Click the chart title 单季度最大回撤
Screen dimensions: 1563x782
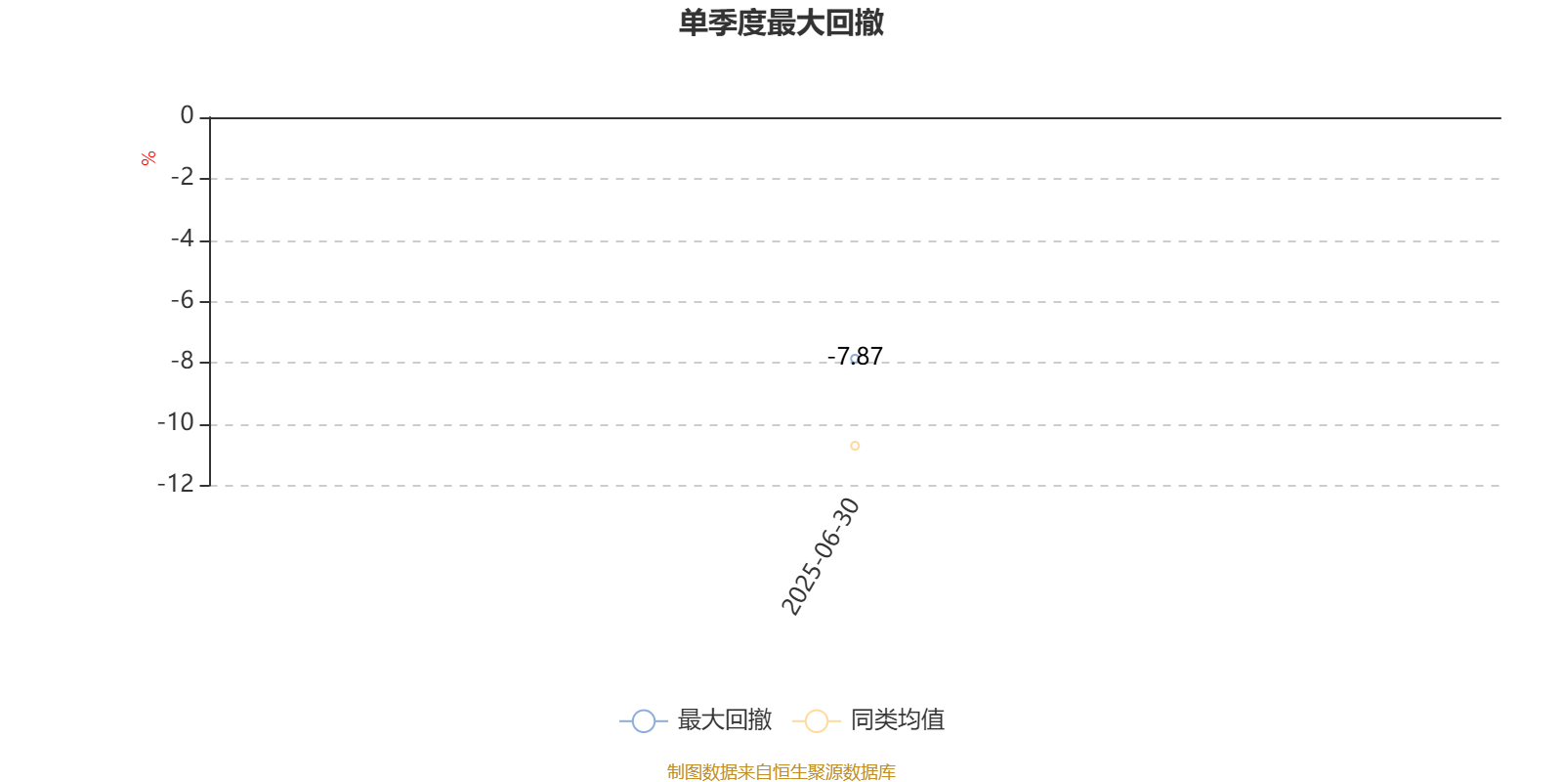(x=781, y=22)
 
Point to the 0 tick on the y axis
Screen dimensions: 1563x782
(x=187, y=115)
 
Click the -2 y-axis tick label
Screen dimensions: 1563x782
(x=182, y=177)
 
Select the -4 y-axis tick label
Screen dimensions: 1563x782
(x=182, y=239)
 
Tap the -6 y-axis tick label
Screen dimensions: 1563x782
(x=182, y=300)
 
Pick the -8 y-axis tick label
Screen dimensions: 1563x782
(x=182, y=361)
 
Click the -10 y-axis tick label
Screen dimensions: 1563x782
(x=176, y=422)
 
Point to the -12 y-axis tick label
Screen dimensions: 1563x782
(x=176, y=483)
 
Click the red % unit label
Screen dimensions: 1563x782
(x=148, y=158)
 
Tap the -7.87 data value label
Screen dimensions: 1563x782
(x=855, y=356)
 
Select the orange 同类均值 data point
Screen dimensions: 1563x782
(x=855, y=446)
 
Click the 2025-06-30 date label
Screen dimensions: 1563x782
(x=821, y=556)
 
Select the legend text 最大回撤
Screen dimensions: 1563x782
(x=724, y=719)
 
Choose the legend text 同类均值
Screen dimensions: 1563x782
(x=898, y=719)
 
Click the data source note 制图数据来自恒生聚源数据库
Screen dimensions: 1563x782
(x=781, y=771)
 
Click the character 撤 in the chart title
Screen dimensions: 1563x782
(x=868, y=22)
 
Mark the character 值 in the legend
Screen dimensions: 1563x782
(x=933, y=719)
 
